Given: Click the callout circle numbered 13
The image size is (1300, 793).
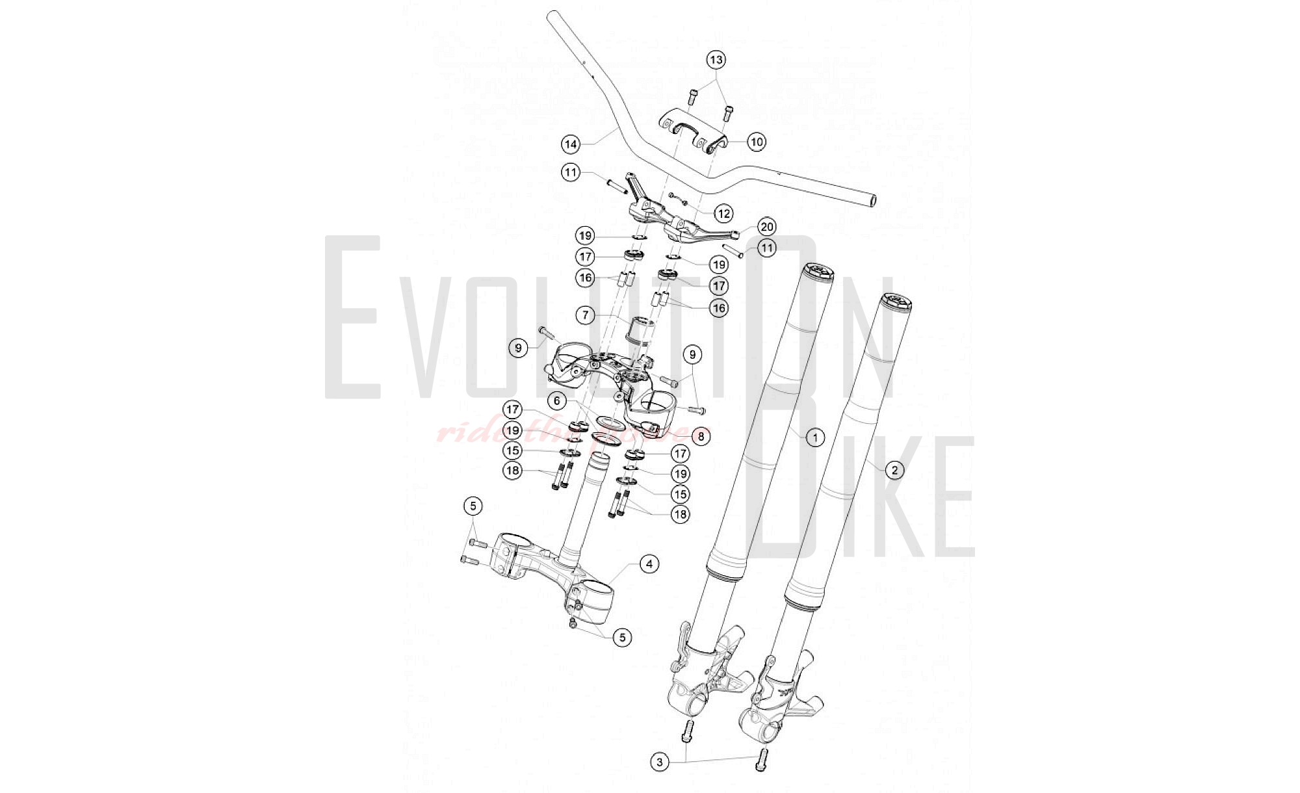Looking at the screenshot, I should pos(716,60).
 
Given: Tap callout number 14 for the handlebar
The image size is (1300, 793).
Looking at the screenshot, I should pos(571,144).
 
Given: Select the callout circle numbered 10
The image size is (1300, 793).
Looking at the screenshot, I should pos(756,142).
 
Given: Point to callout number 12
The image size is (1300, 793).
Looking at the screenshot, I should pos(723,213).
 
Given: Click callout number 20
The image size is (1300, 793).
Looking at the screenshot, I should pos(767,226).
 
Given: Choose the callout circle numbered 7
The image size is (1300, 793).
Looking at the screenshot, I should pos(586,315).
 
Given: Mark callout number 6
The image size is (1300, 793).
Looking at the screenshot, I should pos(556,401).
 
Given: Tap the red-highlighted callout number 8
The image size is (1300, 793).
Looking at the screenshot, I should pos(701,436).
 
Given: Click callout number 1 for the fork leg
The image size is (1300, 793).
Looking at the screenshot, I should pos(815,437).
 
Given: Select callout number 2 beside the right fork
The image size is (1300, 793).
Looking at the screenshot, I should pos(894,470).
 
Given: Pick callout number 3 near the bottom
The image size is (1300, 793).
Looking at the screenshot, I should pos(660,762).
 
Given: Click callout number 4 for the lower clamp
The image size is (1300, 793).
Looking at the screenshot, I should pos(649,564).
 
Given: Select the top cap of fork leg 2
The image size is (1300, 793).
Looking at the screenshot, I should pos(896,302).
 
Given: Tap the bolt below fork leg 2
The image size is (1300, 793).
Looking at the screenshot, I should pos(762,760).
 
